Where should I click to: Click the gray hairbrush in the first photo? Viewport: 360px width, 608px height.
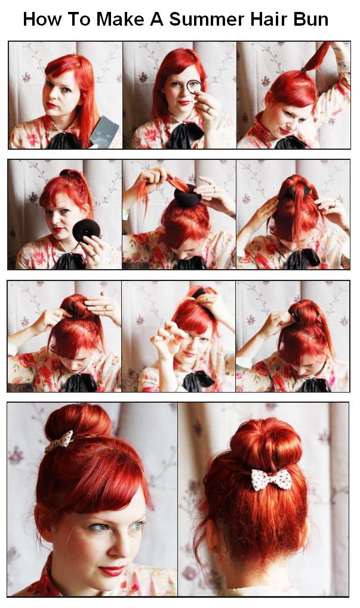point(105,131)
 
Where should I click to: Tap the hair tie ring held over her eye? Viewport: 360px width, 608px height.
point(193,87)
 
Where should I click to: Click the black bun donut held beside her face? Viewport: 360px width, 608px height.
point(87,230)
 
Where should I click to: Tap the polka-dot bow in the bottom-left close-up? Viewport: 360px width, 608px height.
point(59,441)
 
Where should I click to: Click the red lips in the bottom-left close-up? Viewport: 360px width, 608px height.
point(112,570)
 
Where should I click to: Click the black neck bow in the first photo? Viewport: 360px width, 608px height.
point(66,141)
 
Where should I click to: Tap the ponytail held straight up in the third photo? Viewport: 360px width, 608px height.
point(316,57)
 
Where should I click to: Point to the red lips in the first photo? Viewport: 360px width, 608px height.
point(53,106)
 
